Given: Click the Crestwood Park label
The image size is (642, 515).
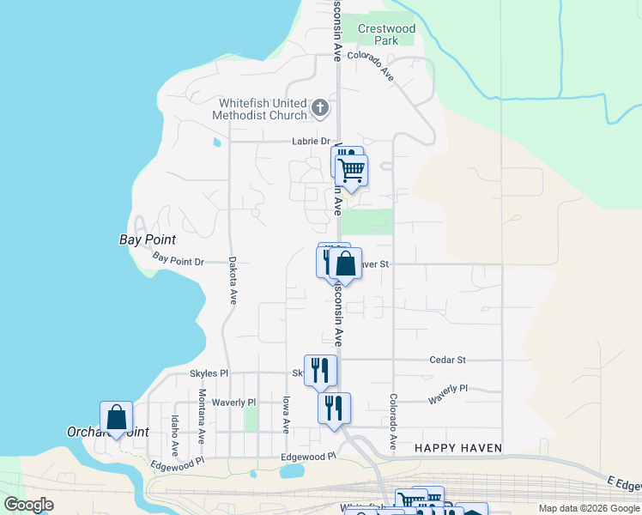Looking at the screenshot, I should click(x=386, y=34).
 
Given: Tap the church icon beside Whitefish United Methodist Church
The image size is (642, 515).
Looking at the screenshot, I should click(x=320, y=108).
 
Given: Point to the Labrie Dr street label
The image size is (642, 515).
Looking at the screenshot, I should click(x=311, y=142).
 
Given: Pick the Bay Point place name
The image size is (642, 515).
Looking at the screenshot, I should click(x=148, y=239).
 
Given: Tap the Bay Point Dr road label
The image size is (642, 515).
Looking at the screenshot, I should click(x=179, y=257).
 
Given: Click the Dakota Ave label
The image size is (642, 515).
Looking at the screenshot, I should click(x=232, y=282).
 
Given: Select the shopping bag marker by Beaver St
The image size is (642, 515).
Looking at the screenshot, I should click(x=345, y=264).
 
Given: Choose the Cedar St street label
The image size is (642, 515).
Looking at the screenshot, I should click(x=448, y=360).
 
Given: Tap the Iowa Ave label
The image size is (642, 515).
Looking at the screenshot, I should click(x=286, y=414).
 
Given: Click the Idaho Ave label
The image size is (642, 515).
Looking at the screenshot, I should click(x=174, y=436).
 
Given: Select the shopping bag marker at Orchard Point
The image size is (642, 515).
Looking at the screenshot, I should click(x=117, y=418).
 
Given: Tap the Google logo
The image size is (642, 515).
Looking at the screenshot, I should click(x=28, y=505).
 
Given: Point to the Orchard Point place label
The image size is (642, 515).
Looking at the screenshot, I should click(x=107, y=432).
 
